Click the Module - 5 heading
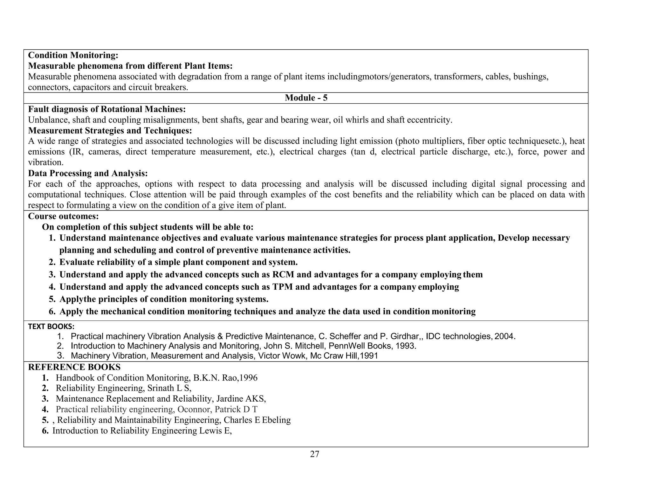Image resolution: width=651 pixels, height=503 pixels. (306, 98)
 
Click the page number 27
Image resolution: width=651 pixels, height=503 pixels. (314, 454)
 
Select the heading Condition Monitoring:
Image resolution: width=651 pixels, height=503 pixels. (73, 55)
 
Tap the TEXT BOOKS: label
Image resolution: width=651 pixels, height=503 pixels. (51, 327)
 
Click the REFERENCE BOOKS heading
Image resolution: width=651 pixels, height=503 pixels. (74, 367)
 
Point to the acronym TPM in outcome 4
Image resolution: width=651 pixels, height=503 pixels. (283, 287)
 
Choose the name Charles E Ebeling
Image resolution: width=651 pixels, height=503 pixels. (257, 420)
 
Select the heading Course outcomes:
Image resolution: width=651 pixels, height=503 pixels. (63, 217)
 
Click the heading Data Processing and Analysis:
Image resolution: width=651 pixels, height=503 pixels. (88, 174)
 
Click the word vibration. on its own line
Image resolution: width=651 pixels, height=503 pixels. (46, 162)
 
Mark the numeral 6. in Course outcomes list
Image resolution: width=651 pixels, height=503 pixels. (52, 312)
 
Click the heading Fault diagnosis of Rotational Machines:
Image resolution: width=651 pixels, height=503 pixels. (107, 109)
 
